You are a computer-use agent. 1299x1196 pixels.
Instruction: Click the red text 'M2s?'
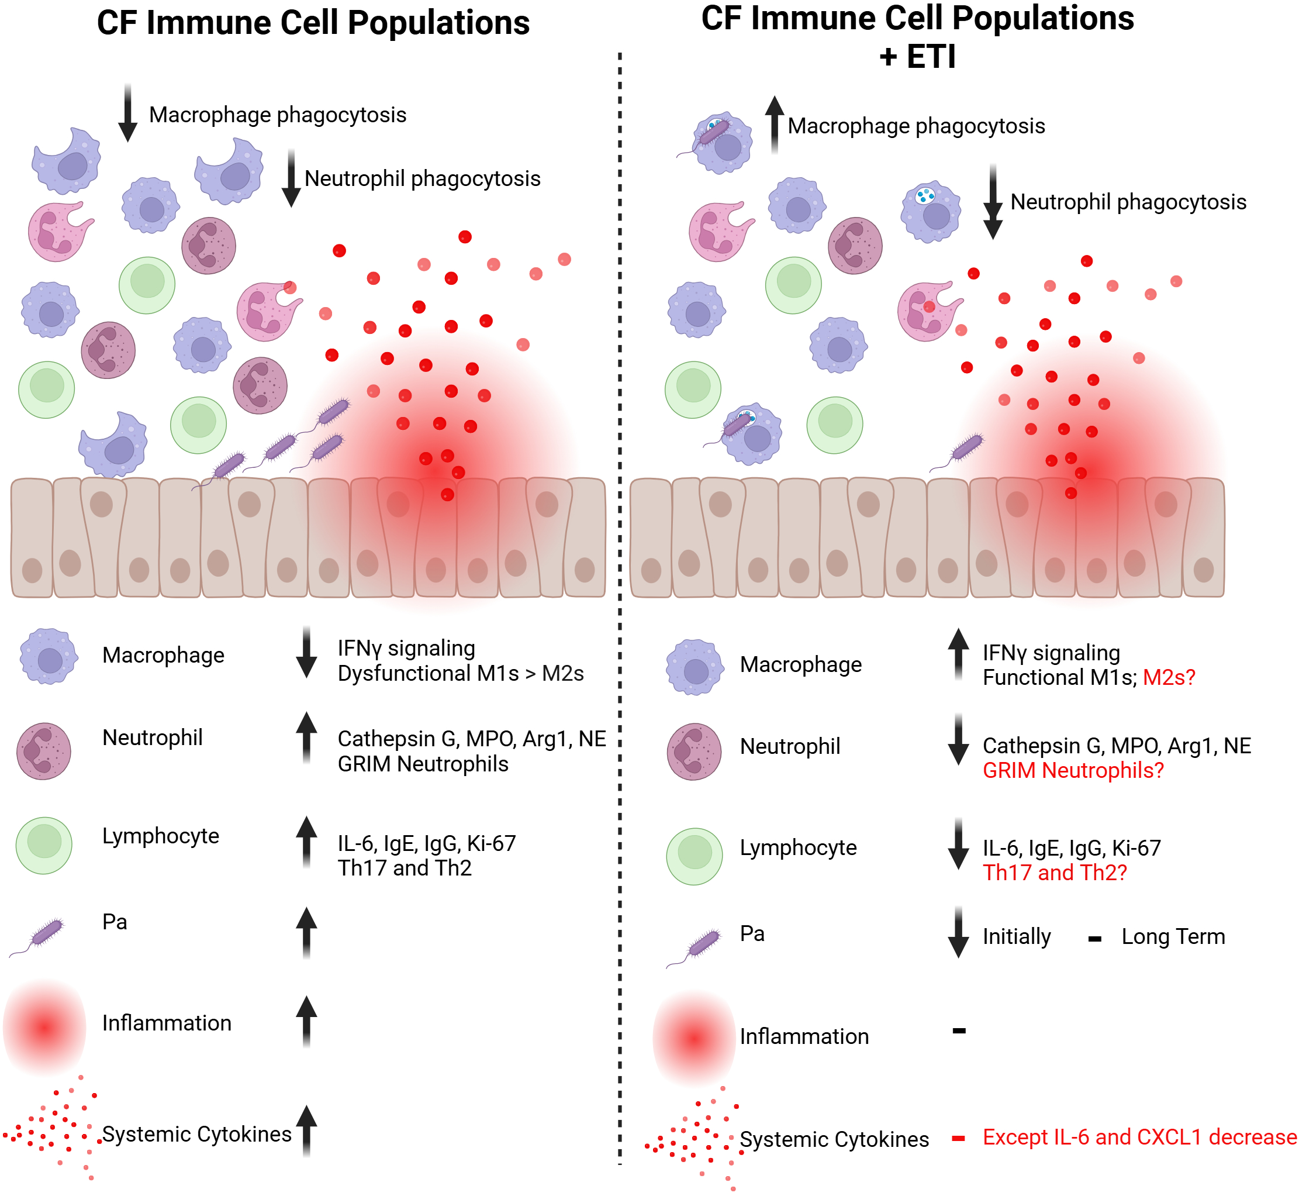click(x=1168, y=677)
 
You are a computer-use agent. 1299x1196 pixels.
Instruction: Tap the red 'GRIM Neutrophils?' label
click(x=1073, y=770)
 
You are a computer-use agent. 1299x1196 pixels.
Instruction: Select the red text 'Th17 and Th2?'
click(x=1055, y=873)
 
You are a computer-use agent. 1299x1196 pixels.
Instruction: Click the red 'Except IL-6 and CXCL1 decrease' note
click(x=1139, y=1136)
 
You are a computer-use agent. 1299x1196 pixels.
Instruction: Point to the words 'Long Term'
click(x=1173, y=936)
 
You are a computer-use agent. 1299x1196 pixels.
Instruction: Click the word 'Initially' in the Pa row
click(x=1016, y=936)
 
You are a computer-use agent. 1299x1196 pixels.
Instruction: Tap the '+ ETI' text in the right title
click(x=917, y=56)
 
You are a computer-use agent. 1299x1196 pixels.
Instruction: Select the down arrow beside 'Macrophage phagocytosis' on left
click(x=128, y=113)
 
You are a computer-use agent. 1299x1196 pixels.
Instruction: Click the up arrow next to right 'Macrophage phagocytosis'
click(x=775, y=124)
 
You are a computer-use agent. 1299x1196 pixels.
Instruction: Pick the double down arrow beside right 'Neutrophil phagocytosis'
click(x=992, y=202)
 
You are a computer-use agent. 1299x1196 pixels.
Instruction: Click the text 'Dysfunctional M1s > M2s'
click(x=460, y=673)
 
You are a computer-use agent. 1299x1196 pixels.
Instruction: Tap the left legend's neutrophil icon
click(x=44, y=751)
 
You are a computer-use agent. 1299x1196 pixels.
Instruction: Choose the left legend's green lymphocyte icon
click(x=44, y=845)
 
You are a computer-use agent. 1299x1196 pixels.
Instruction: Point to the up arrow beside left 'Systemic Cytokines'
click(x=307, y=1130)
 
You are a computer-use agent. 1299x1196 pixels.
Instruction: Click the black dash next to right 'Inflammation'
click(x=959, y=1030)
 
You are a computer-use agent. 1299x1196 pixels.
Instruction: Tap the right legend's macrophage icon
click(x=695, y=667)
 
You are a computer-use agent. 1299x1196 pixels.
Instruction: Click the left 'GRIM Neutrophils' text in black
click(x=423, y=764)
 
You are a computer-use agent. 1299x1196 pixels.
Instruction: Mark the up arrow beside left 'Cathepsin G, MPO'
click(x=307, y=738)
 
